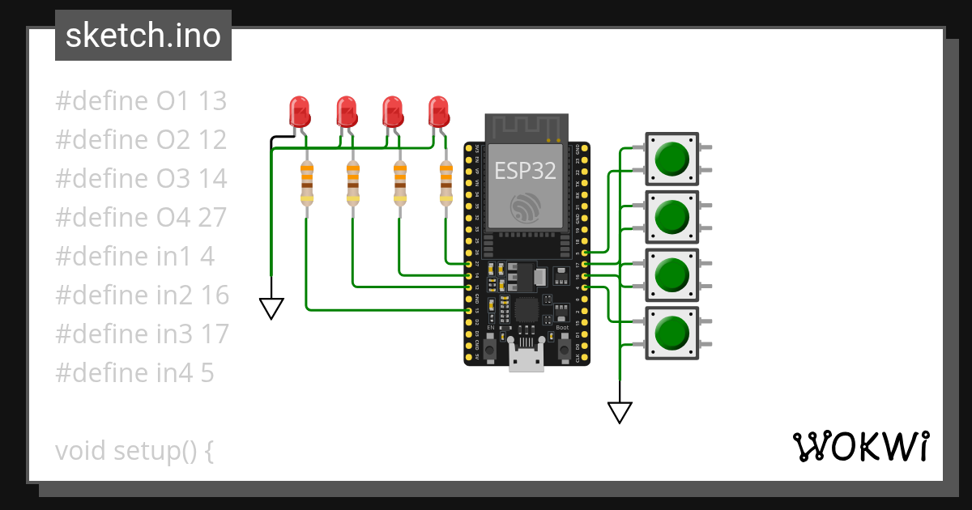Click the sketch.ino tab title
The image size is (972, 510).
point(143,36)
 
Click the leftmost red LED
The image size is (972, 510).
point(300,112)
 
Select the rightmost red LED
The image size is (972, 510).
point(438,112)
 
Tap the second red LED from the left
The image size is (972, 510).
point(347,112)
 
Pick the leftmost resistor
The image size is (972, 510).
point(307,185)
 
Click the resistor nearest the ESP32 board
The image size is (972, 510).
point(446,185)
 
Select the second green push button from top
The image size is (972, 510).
point(671,217)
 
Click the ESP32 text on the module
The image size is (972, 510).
point(524,171)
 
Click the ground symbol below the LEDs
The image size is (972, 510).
point(271,308)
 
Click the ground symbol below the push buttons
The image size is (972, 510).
point(620,412)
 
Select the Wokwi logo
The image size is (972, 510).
point(859,446)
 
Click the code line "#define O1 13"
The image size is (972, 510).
point(141,101)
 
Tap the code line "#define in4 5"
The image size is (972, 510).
point(135,373)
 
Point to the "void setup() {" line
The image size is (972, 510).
point(134,451)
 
